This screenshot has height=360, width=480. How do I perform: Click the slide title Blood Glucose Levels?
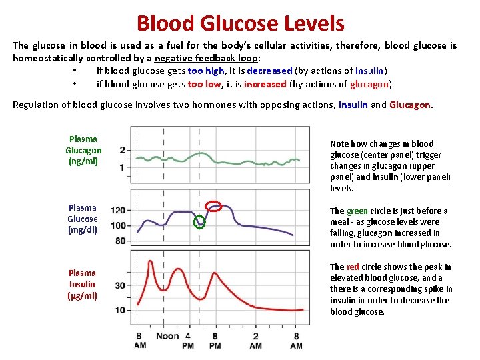point(240,24)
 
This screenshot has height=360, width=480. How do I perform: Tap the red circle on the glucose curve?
point(214,205)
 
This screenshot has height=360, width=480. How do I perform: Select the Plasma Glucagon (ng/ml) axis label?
point(83,150)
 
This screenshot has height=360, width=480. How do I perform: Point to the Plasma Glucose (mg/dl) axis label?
point(83,219)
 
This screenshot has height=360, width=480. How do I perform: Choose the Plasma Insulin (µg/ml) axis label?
point(83,284)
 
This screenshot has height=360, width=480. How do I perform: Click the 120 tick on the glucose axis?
point(117,211)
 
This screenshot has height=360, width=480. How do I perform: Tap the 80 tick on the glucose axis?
point(120,241)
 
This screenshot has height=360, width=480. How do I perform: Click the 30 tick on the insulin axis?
point(120,285)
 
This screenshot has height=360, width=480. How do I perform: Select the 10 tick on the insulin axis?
point(120,310)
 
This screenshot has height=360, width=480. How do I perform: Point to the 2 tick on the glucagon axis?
point(122,150)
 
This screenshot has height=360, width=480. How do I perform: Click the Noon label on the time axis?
point(168,336)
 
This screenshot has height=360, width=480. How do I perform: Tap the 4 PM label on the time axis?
point(188,340)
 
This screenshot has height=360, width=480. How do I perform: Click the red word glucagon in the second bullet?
point(372,84)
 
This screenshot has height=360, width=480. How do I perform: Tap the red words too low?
point(205,84)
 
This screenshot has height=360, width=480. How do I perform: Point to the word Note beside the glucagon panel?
point(340,143)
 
